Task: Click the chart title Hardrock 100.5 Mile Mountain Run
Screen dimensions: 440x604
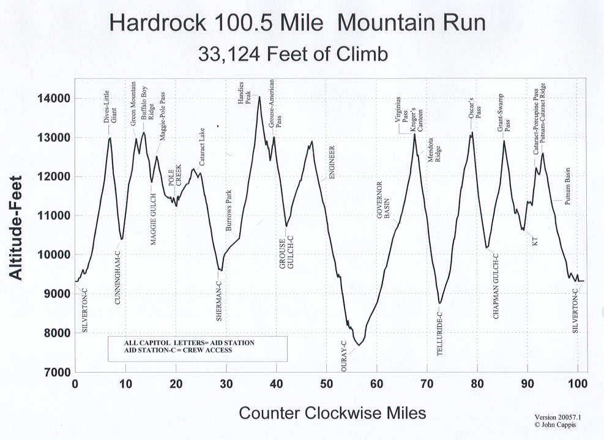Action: coord(298,24)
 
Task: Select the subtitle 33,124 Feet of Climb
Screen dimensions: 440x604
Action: coord(293,54)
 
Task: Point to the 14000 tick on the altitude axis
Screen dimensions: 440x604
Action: coord(54,99)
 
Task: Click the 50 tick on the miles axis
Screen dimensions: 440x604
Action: coord(327,384)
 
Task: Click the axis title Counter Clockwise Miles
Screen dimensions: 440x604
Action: coord(332,412)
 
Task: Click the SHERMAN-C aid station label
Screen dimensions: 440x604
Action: coord(219,300)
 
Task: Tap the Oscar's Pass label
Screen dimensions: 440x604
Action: coord(475,108)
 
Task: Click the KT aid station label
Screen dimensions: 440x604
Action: coord(535,242)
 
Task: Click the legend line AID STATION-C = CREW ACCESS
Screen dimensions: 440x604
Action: coord(177,351)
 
